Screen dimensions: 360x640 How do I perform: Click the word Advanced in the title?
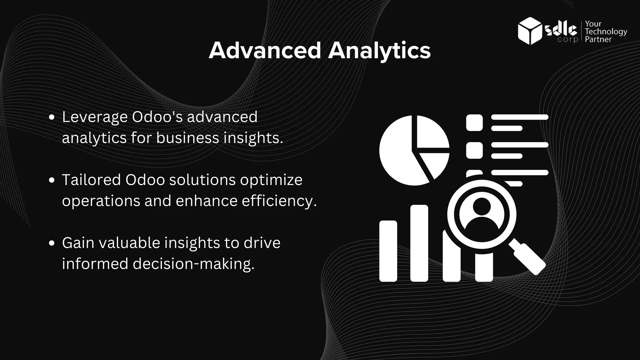pyautogui.click(x=265, y=51)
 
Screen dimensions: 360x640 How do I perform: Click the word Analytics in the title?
pyautogui.click(x=379, y=51)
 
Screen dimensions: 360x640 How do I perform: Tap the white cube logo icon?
pyautogui.click(x=529, y=31)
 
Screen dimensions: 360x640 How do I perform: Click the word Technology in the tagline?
pyautogui.click(x=606, y=32)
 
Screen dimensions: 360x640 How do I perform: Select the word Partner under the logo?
pyautogui.click(x=598, y=39)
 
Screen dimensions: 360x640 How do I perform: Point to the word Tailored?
pyautogui.click(x=91, y=180)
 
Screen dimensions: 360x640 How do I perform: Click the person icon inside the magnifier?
pyautogui.click(x=482, y=214)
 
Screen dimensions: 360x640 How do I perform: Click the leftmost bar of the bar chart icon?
pyautogui.click(x=388, y=251)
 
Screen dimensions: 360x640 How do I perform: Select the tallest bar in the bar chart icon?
pyautogui.click(x=419, y=243)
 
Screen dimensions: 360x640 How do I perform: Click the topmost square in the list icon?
pyautogui.click(x=474, y=122)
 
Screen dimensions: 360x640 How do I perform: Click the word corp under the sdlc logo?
pyautogui.click(x=567, y=40)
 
